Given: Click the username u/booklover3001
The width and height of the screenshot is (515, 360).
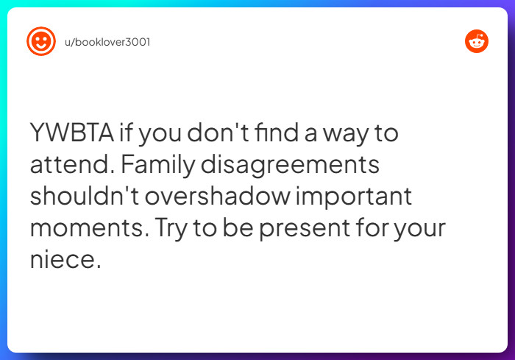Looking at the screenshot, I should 107,42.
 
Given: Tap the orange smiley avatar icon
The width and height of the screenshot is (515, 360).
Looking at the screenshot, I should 40,41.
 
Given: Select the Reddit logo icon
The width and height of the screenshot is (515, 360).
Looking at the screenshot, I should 477,41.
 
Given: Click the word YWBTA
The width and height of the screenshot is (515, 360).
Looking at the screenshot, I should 71,134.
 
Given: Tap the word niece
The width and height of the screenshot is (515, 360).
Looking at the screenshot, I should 63,260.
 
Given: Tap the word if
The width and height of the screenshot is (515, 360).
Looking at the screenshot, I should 127,134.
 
